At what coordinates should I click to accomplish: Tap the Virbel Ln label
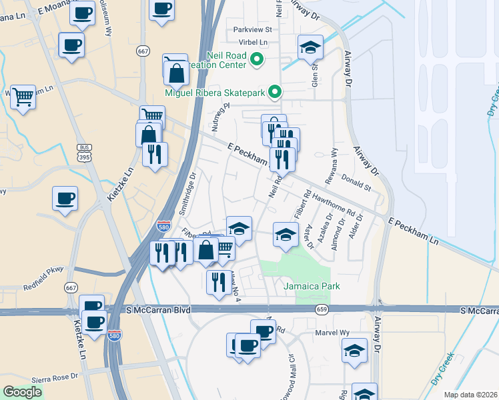[x=254, y=42]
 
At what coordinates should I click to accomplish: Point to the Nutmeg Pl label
[x=217, y=117]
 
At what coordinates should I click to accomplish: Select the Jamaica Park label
[x=312, y=287]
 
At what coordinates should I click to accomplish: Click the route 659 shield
[x=322, y=310]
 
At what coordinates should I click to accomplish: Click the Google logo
[x=22, y=391]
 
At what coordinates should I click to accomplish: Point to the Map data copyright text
[x=471, y=395]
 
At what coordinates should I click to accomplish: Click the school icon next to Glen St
[x=310, y=47]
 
